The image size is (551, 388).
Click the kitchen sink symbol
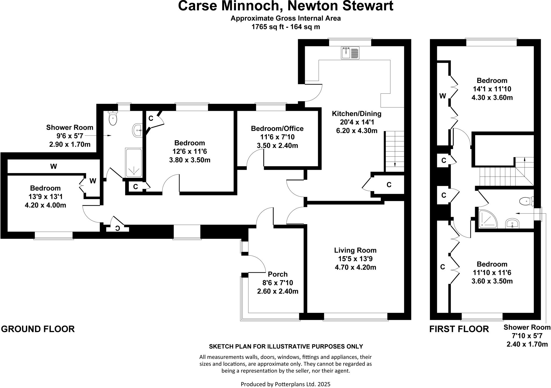pos(350,53)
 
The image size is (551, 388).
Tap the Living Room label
pos(355,250)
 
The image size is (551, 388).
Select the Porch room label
pos(278,274)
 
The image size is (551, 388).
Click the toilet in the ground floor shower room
pos(113,118)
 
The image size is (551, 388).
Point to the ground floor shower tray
pos(133,163)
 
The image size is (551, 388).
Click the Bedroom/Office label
pos(277,129)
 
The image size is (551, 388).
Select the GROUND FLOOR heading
pos(38,329)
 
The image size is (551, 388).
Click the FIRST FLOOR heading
pos(459,329)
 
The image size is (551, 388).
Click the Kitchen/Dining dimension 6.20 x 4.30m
pos(356,131)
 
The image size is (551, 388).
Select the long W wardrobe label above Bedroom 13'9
pos(54,167)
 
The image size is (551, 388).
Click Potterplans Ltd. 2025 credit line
pos(285,384)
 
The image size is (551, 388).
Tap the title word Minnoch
pos(251,6)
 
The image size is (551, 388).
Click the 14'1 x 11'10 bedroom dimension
pos(492,89)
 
